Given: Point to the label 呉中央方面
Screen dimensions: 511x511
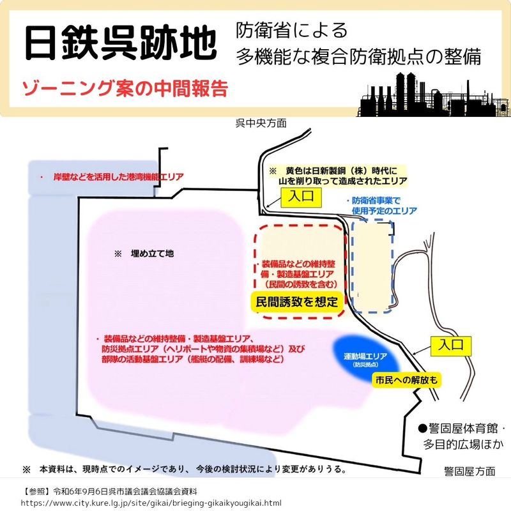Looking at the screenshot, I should [261, 123].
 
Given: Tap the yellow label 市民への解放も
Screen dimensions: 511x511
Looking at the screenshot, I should [406, 379].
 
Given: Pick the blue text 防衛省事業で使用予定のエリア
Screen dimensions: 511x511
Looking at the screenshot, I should [382, 205].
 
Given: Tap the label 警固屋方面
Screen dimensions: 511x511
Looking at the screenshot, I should [469, 471].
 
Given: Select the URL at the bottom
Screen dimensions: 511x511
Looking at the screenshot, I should [151, 503].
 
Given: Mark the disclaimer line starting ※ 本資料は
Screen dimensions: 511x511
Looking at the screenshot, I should [185, 469].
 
